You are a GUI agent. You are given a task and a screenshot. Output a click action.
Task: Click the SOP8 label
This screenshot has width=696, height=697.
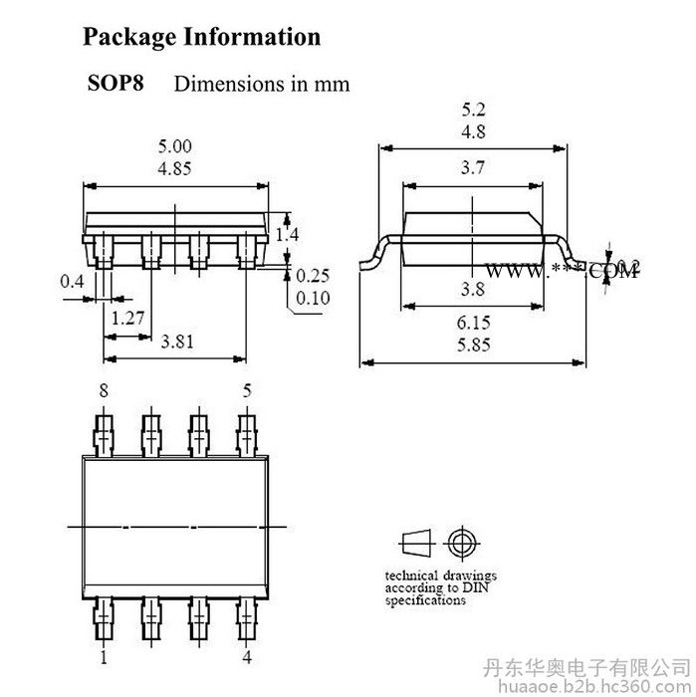[x=116, y=83]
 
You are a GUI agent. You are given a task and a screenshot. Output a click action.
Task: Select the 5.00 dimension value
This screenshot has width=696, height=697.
[x=176, y=147]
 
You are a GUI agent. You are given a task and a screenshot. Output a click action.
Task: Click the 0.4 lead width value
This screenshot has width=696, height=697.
[x=72, y=282]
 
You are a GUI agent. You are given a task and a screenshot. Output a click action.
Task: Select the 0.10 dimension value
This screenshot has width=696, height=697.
[x=314, y=298]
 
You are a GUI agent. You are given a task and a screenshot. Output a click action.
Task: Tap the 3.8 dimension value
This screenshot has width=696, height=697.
[x=475, y=291]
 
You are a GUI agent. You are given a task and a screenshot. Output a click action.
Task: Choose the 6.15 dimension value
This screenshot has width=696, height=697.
[x=475, y=325]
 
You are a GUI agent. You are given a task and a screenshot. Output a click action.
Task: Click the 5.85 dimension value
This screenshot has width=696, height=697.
[x=475, y=345]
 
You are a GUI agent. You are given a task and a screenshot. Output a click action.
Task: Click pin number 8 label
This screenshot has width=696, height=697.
[x=104, y=391]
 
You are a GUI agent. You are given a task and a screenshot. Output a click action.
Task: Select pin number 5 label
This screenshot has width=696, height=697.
[x=245, y=391]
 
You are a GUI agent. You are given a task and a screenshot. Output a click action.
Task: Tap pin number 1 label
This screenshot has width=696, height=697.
[x=104, y=656]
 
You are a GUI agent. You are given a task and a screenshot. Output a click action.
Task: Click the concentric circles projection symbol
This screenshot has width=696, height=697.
[x=459, y=543]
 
